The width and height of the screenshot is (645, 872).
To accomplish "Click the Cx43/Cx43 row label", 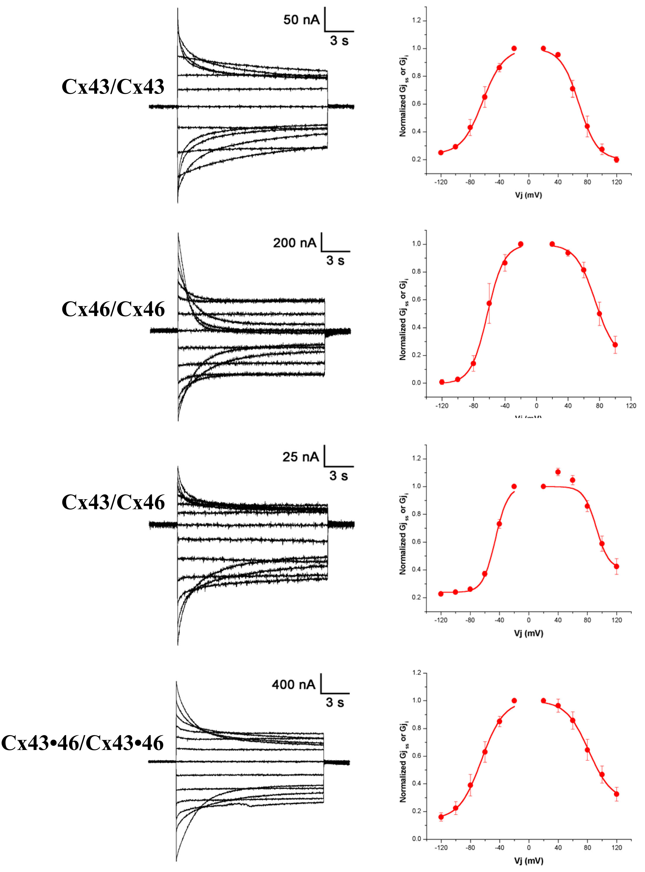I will pos(113,87).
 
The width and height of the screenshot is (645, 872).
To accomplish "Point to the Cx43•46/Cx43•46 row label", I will pos(82,743).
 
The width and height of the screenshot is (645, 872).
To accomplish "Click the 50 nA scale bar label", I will pos(301,20).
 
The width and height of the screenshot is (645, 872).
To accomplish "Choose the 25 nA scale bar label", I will pos(301,456).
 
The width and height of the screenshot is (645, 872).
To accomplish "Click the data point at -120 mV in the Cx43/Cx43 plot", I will pos(441,152).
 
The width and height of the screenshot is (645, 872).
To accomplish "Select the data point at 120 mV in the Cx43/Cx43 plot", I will pos(617,159).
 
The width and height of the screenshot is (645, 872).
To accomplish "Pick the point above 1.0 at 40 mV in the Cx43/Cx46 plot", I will pos(558,472).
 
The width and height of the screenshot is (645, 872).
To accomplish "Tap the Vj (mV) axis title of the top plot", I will pos(528,195).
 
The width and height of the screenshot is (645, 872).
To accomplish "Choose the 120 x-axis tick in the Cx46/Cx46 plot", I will pos(631,406).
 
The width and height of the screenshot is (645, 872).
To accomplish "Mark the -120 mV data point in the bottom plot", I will pos(441,817).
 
